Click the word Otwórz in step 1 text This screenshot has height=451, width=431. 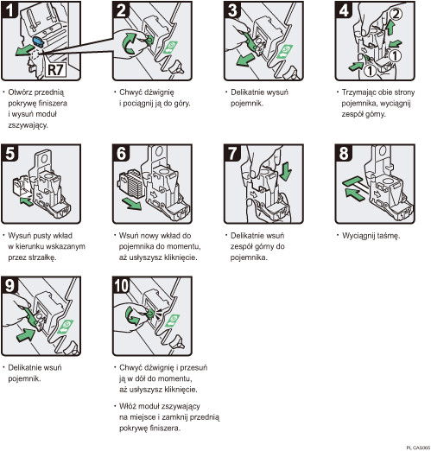24,91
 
